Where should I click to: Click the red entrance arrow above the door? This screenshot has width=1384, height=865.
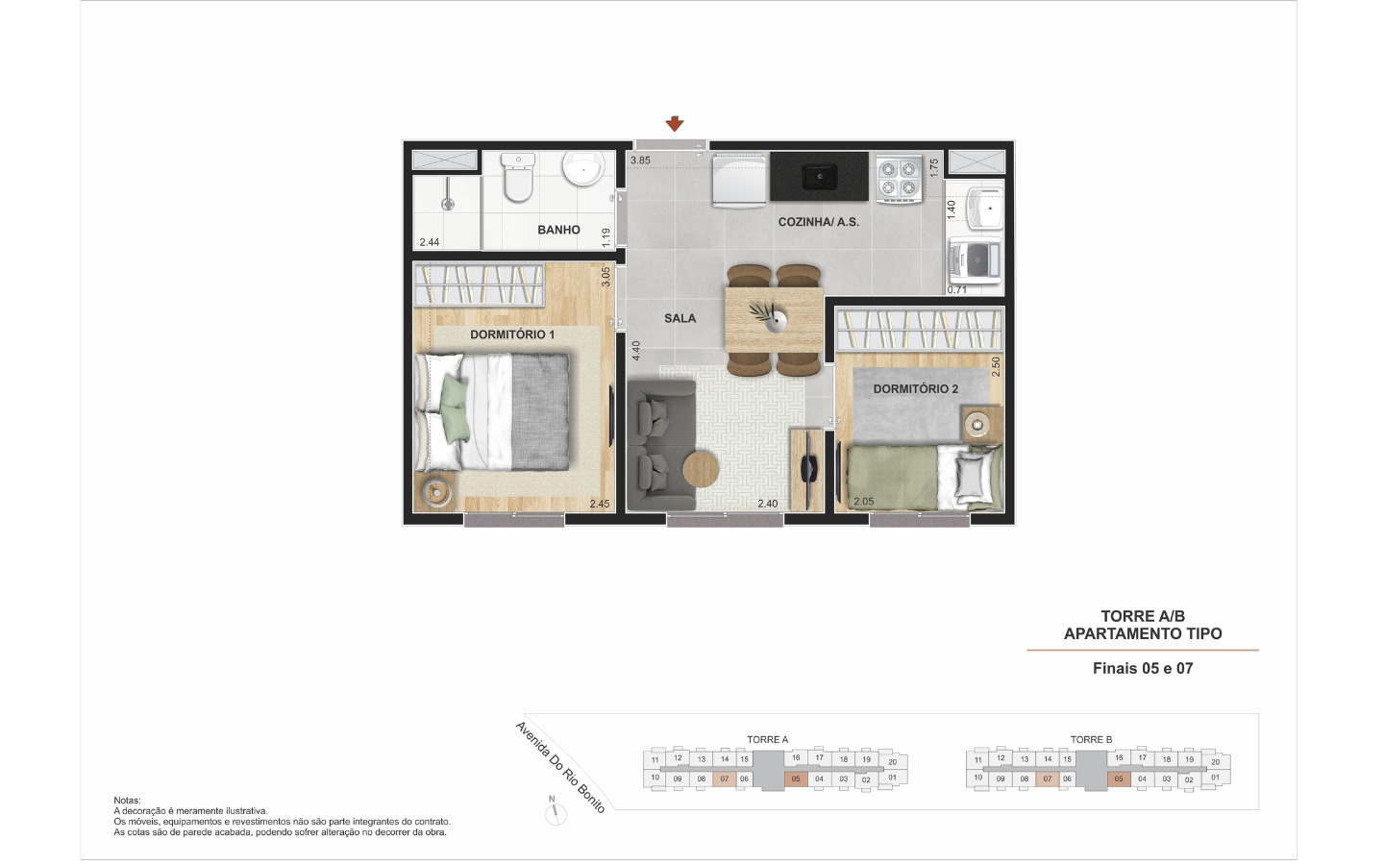(x=674, y=124)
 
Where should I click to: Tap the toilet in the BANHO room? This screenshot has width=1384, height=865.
(x=518, y=178)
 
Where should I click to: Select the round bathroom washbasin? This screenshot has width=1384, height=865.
(x=583, y=169)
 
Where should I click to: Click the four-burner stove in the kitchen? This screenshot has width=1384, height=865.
(x=899, y=179)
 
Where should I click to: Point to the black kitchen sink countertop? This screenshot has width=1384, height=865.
(x=819, y=177)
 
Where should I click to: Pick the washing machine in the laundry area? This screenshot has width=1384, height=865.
(x=974, y=260)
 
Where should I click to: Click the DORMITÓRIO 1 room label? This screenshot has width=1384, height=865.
(x=512, y=334)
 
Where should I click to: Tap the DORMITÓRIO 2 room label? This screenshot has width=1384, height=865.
(x=916, y=389)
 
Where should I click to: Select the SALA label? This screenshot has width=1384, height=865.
(x=680, y=319)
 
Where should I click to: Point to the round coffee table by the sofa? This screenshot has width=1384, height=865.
(x=701, y=470)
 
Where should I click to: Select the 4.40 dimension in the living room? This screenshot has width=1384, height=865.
(x=636, y=351)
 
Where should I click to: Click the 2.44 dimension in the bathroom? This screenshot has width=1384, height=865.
(x=430, y=242)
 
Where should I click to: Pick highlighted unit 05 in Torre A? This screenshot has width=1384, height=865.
(x=796, y=779)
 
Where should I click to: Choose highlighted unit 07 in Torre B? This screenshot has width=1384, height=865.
(x=1048, y=779)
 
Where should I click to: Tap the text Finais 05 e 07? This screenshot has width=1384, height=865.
(x=1143, y=669)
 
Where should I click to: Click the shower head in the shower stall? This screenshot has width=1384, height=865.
(x=447, y=203)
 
